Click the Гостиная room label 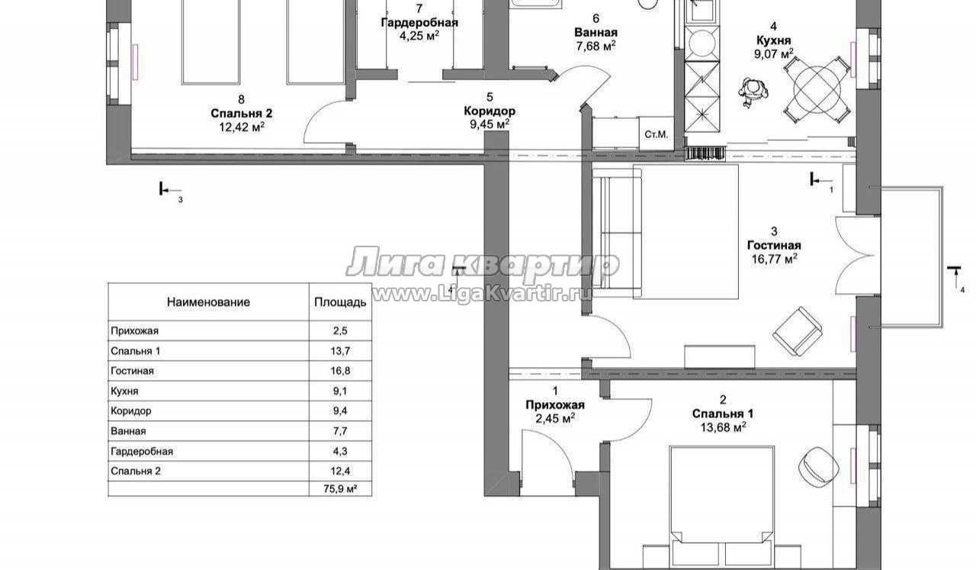774,246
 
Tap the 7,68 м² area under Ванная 596,46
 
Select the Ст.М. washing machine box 657,134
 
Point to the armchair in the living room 797,331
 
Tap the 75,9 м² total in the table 340,489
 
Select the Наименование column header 208,302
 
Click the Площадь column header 340,302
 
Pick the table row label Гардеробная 142,452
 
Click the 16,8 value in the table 340,371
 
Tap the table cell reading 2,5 340,330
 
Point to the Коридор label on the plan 490,111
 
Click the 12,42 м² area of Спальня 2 242,127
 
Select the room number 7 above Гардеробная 419,8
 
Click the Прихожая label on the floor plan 554,405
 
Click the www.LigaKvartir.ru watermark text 482,295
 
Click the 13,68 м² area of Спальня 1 723,427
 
